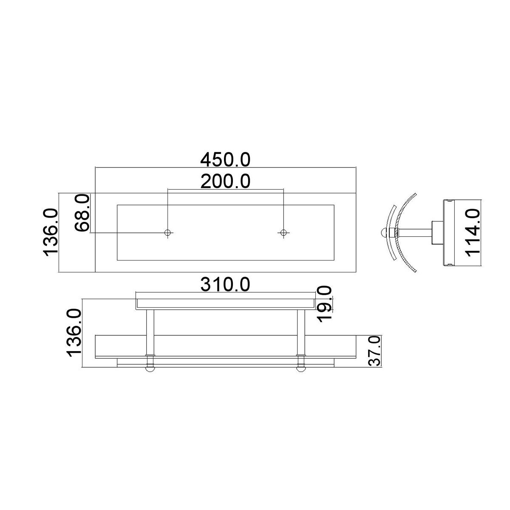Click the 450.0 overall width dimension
point(225,160)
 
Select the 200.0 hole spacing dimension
point(225,181)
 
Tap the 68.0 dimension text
point(82,212)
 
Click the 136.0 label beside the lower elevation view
point(73,333)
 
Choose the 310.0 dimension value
point(225,284)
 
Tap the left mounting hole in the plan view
point(168,232)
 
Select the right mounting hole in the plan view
point(283,232)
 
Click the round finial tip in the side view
point(384,232)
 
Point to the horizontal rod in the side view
point(414,232)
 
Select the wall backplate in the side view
point(449,232)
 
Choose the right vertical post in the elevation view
point(301,331)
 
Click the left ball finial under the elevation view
point(150,368)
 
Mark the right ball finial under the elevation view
point(301,368)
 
